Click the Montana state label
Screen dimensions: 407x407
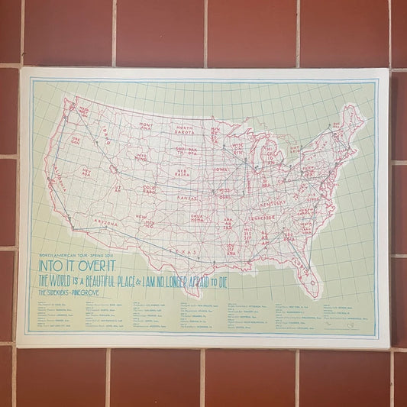145,124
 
